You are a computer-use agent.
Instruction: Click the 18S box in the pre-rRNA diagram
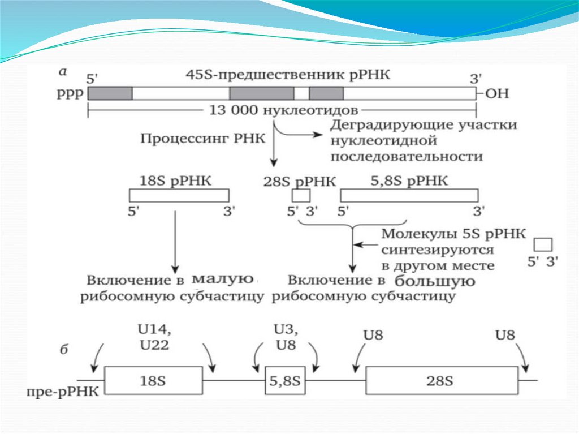click(x=153, y=380)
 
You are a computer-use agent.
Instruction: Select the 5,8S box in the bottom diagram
click(x=286, y=380)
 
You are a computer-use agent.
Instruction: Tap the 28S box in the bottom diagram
click(x=442, y=380)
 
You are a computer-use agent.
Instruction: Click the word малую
click(x=223, y=278)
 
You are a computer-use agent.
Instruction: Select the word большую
click(x=434, y=280)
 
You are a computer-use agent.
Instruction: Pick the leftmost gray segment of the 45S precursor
click(x=110, y=93)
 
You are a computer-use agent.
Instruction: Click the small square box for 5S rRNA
click(x=543, y=244)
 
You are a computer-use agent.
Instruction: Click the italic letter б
click(x=64, y=349)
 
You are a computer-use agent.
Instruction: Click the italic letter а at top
click(x=63, y=72)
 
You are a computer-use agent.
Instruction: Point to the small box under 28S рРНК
click(x=301, y=196)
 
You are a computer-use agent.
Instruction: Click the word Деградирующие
click(x=384, y=124)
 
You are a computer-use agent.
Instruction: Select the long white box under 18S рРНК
click(x=179, y=196)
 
